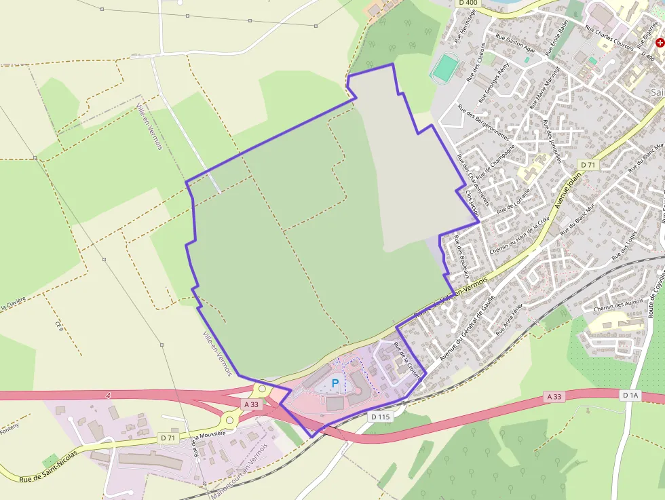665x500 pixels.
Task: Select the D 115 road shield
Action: click(381, 416)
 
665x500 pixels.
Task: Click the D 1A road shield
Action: click(630, 395)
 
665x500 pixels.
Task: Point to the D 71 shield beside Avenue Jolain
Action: click(588, 165)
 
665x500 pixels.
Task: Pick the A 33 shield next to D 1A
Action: click(554, 396)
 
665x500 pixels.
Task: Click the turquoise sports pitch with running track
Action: click(445, 67)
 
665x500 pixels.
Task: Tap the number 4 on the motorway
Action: click(108, 394)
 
